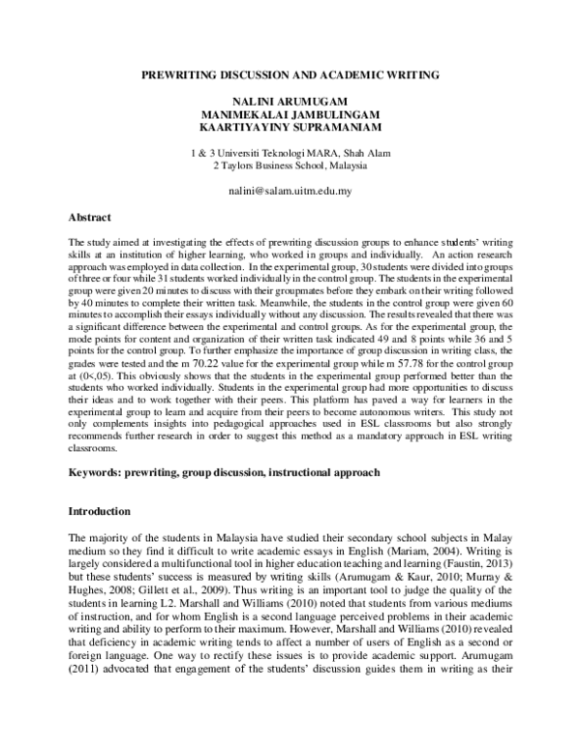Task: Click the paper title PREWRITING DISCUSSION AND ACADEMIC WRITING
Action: (x=290, y=74)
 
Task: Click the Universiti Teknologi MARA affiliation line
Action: (x=290, y=153)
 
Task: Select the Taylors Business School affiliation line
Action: (x=290, y=165)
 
